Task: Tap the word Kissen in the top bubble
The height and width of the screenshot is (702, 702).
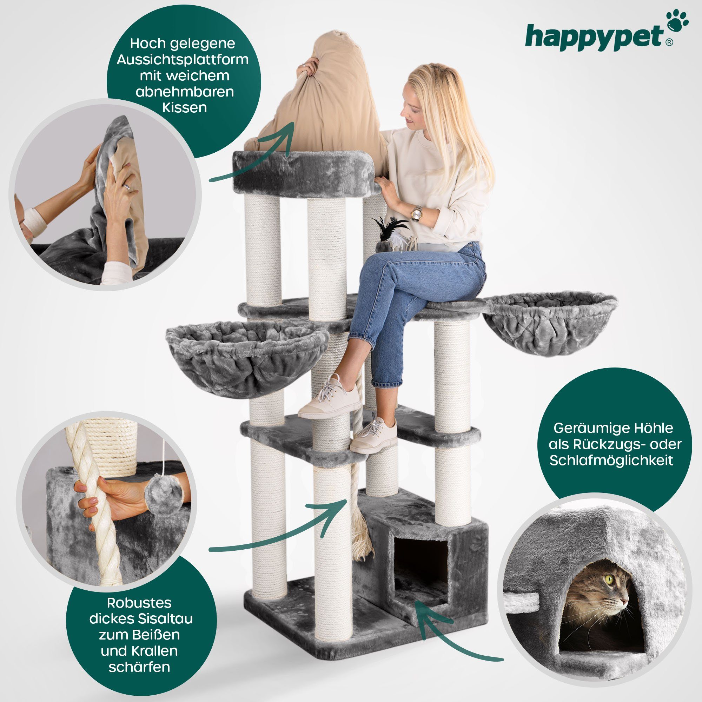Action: point(184,107)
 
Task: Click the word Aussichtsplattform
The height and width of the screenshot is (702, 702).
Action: point(183,59)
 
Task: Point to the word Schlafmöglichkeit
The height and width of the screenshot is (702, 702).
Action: point(611,460)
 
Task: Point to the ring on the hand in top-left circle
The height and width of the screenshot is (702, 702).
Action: point(126,187)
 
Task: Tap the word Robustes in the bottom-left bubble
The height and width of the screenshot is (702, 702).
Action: point(139,602)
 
